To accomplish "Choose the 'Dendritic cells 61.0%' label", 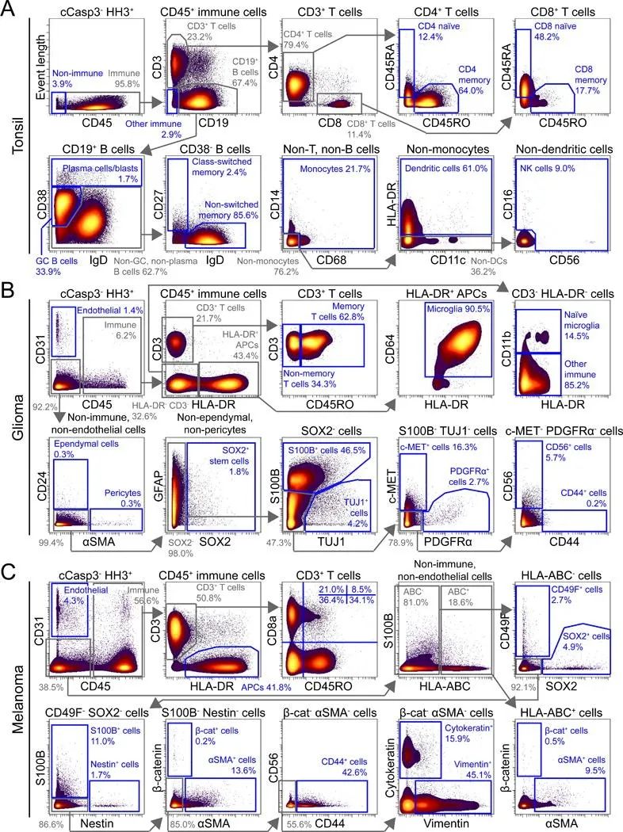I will (445, 169).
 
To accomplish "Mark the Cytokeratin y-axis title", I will (390, 750).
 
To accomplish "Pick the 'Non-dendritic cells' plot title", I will (563, 150).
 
